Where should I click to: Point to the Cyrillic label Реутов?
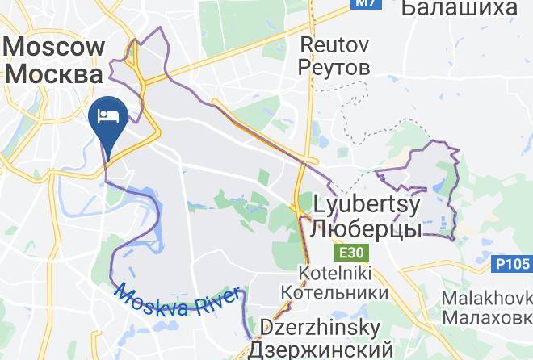pos(334,66)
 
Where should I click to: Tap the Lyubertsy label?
pos(366,205)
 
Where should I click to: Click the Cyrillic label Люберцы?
pos(366,229)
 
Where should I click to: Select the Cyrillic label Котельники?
pos(334,291)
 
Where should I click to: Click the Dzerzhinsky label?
pos(320,329)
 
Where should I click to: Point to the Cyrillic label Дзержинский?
pos(320,350)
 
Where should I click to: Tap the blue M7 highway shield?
pos(367,4)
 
